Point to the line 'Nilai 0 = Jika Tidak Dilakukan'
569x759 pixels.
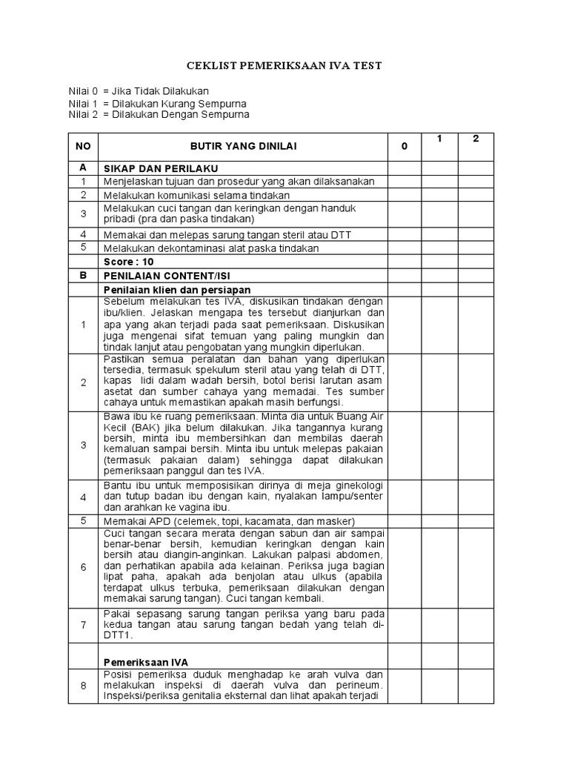coord(139,91)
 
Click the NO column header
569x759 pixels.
coord(83,146)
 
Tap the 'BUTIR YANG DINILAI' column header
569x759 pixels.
coord(243,146)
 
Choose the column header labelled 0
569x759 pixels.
coord(405,146)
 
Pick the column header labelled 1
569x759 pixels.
coord(439,139)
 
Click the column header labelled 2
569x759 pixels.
coord(476,139)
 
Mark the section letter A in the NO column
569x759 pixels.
coord(83,168)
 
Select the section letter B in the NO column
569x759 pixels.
coord(83,275)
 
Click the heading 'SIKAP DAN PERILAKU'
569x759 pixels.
coord(161,169)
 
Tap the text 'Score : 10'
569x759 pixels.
coord(129,262)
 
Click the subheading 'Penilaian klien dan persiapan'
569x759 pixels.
coord(177,289)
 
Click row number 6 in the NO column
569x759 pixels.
coord(83,567)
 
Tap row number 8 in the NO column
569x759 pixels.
coord(83,686)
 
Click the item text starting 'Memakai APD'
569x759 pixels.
coord(229,521)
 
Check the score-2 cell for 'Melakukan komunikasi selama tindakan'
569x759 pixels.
coord(476,195)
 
